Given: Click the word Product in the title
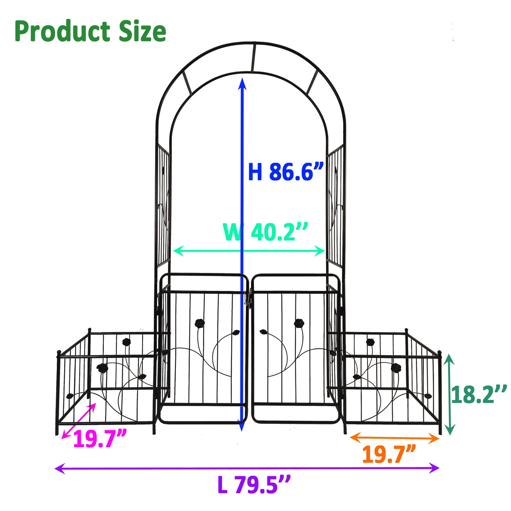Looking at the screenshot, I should [62, 32].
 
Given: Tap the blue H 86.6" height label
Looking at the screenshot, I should [286, 172].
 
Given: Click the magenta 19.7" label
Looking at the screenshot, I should [100, 439].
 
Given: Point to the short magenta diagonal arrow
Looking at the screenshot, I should [79, 421].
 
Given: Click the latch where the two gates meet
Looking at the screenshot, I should [248, 298].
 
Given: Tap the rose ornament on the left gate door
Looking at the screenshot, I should [199, 323].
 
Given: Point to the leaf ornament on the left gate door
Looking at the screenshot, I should [236, 332].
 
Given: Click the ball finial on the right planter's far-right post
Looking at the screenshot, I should [440, 353].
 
